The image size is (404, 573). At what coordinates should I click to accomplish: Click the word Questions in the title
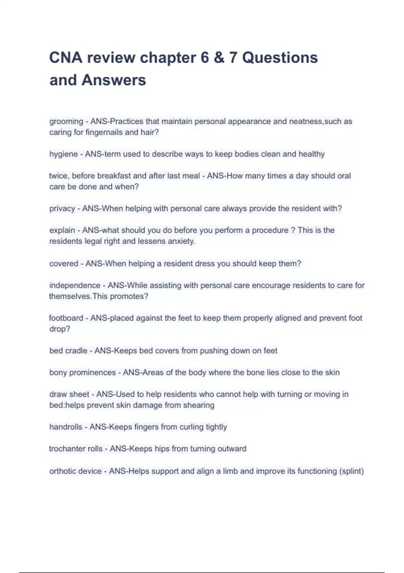pos(280,58)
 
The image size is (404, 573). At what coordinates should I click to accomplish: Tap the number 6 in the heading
pos(205,58)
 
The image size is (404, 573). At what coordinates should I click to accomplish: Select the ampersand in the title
pos(219,58)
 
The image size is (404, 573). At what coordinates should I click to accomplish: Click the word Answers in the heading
pos(114,80)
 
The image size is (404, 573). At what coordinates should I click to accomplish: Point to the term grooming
pos(66,121)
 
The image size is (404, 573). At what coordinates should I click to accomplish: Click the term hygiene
pos(63,154)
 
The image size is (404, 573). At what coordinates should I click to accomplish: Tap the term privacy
pos(62,209)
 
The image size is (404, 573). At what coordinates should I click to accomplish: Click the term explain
pos(62,231)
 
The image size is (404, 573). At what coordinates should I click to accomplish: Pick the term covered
pos(64,264)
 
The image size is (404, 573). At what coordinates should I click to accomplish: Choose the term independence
pos(75,285)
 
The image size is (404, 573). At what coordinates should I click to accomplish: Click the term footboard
pos(66,318)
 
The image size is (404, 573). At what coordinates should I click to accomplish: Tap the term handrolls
pos(66,427)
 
